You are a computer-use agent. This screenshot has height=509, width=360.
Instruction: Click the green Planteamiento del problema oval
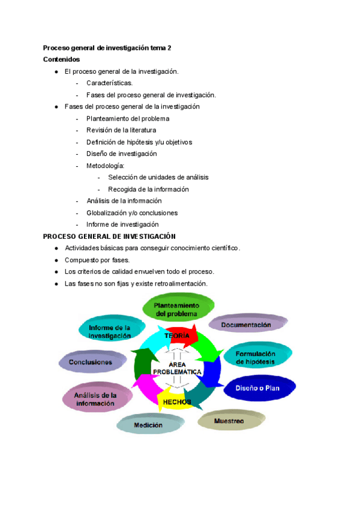[176, 309]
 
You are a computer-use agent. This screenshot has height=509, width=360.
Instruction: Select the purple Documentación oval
[246, 325]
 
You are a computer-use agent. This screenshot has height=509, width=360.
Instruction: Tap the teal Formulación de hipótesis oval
[256, 358]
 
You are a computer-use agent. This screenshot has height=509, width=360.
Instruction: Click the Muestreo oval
[229, 421]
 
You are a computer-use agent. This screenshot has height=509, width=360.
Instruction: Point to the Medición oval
[148, 425]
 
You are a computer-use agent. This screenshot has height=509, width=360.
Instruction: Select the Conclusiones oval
[91, 362]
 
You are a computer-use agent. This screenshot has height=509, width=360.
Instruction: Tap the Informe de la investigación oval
[110, 332]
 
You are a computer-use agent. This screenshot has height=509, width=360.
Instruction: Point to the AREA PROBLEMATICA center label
[177, 368]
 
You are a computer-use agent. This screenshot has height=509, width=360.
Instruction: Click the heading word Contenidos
[62, 59]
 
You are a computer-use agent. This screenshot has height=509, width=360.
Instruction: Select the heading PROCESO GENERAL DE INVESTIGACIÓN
[109, 236]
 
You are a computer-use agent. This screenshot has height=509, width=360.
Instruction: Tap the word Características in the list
[110, 83]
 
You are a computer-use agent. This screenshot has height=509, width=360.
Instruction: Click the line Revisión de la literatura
[121, 130]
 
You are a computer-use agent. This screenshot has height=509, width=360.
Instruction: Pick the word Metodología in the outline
[106, 165]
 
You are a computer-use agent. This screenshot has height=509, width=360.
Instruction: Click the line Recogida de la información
[148, 189]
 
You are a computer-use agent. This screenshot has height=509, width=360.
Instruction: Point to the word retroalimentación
[179, 283]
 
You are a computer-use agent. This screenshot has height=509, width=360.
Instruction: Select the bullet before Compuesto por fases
[56, 260]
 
